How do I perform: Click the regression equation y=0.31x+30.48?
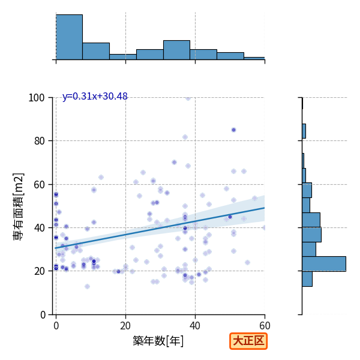95,97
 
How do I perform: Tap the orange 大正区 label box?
248,341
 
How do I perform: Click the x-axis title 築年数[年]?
158,341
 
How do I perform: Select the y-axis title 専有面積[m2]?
19,207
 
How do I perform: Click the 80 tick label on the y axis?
39,141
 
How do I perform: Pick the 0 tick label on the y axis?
43,315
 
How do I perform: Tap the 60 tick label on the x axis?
265,326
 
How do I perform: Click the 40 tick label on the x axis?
195,326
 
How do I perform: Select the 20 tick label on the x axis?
125,326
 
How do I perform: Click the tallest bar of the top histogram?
70,37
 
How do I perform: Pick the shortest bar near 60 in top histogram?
254,58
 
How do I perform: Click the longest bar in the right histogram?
324,264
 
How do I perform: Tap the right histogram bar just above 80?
304,131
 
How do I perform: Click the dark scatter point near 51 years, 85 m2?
233,130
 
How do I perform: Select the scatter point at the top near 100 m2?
188,98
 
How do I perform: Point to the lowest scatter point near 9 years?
87,286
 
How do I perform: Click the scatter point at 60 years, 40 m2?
265,228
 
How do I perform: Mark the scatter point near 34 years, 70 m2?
174,163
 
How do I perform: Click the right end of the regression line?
265,208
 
